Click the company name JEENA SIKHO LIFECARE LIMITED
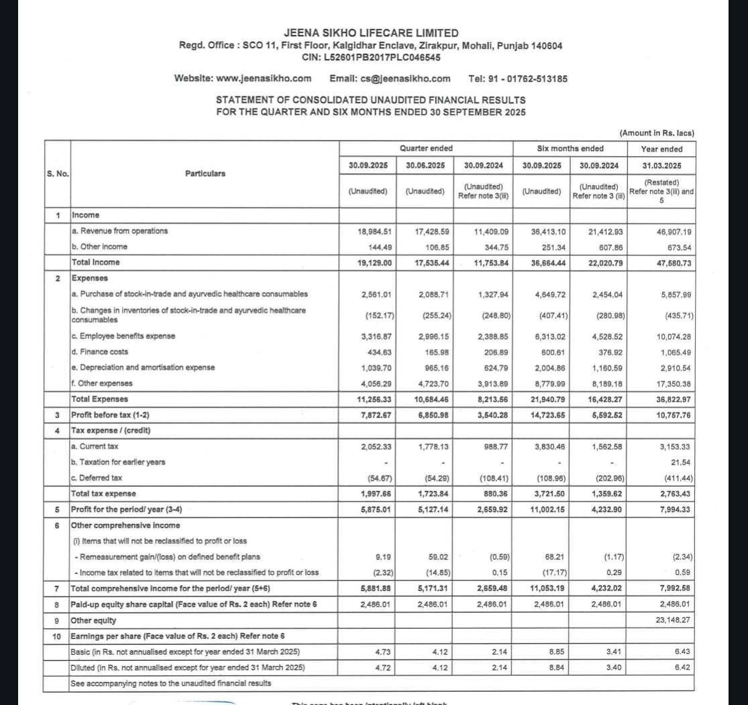371,33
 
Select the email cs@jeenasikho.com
405,78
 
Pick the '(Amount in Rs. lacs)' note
657,133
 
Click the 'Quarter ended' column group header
426,148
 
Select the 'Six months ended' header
570,148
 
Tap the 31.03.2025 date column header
661,165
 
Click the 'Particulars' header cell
205,174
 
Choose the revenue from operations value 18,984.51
376,231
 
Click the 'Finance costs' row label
99,352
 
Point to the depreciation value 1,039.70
376,367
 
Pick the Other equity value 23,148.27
673,620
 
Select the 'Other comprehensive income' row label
125,525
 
